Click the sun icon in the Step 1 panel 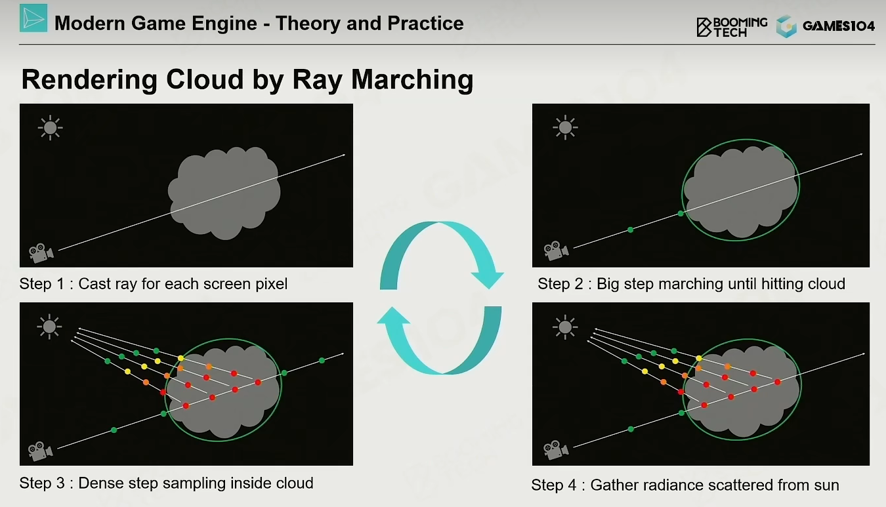[x=51, y=128]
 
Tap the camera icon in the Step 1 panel [x=41, y=253]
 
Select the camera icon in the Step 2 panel [x=556, y=251]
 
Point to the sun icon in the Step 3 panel [x=49, y=327]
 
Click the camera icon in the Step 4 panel [x=556, y=450]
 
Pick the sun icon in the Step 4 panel [x=565, y=327]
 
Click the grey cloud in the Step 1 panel [x=224, y=193]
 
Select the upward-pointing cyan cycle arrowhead [x=394, y=315]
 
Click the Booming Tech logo [x=732, y=27]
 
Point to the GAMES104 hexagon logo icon [x=786, y=26]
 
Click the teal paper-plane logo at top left [x=33, y=18]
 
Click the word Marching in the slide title [x=412, y=80]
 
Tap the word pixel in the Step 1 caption [x=269, y=284]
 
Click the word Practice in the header [x=425, y=24]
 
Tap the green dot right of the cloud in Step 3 [x=322, y=360]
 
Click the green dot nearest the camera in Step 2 [x=631, y=230]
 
